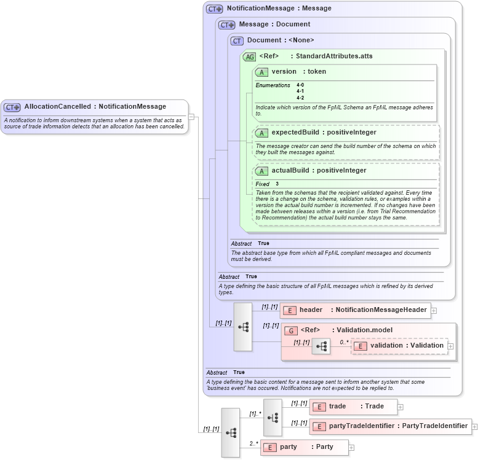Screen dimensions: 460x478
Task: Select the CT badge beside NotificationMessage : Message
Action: coord(214,9)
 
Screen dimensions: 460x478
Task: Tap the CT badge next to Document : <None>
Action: coord(237,41)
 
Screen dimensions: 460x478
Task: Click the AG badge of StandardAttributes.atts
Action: coord(249,57)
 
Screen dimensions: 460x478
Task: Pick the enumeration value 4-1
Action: coord(300,91)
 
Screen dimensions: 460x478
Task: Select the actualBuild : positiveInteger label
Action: coord(319,171)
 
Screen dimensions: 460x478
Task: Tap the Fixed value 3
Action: coord(277,184)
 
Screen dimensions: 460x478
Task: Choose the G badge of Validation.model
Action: coord(291,330)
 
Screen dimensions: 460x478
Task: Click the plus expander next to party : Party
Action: coord(352,447)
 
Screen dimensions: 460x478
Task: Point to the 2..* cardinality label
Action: coord(253,443)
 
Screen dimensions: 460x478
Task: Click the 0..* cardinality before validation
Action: coord(344,341)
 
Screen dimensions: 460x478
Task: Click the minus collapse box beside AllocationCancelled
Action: coord(192,116)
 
